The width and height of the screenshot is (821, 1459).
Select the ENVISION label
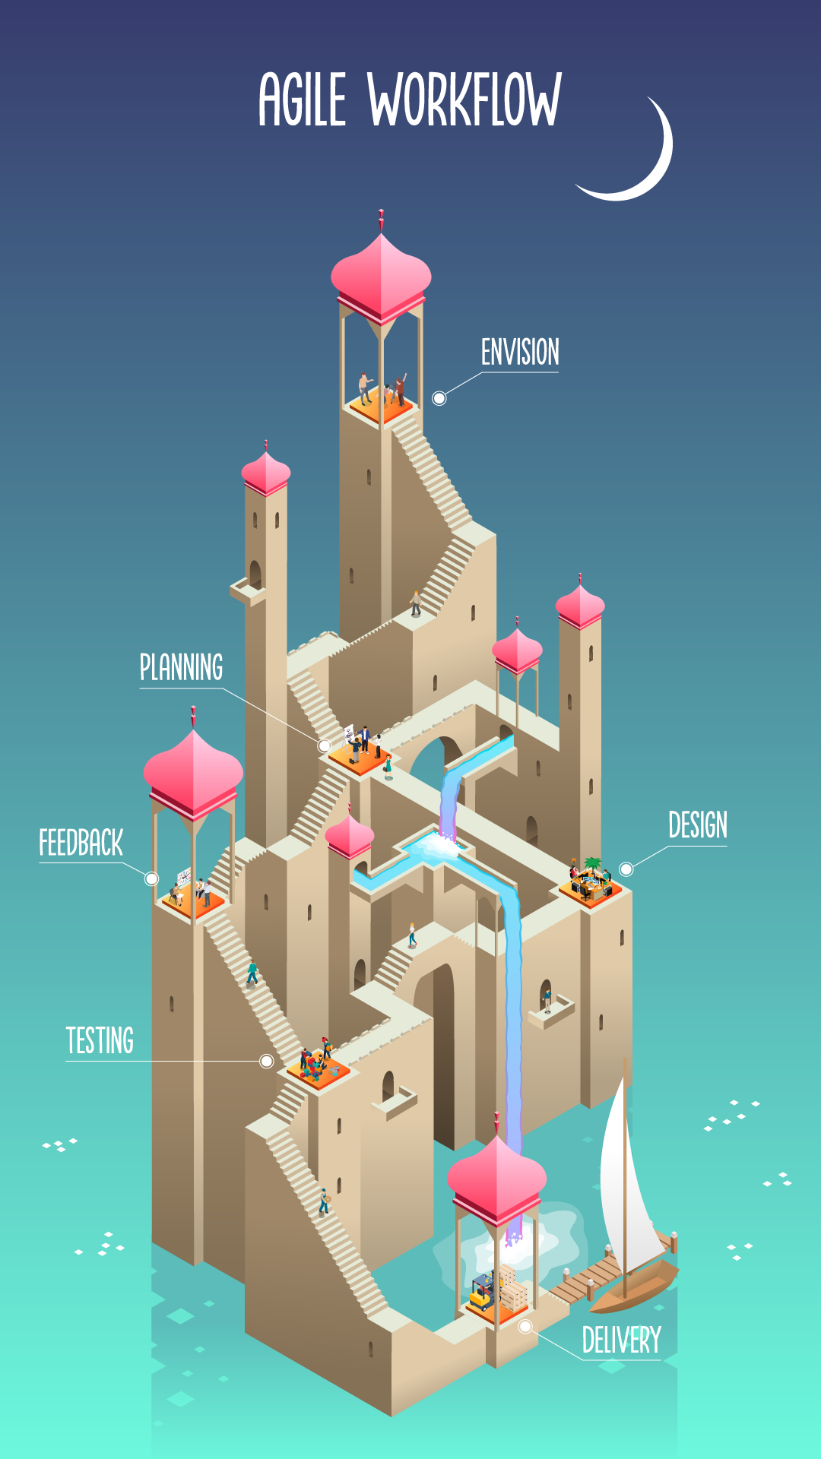[520, 353]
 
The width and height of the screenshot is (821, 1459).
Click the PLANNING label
[181, 668]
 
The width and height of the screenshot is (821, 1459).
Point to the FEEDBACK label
[81, 843]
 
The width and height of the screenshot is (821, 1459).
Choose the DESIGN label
[697, 825]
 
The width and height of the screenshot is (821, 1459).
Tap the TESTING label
[100, 1041]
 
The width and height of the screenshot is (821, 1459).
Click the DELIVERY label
[621, 1340]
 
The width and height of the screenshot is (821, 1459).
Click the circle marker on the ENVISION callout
[439, 398]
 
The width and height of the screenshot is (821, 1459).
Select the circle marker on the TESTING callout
[267, 1061]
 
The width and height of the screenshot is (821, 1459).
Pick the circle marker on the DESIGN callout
[626, 869]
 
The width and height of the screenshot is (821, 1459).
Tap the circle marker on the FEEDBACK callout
[152, 878]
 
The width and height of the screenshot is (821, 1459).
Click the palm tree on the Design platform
[592, 864]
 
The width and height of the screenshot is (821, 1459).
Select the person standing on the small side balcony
[546, 999]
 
